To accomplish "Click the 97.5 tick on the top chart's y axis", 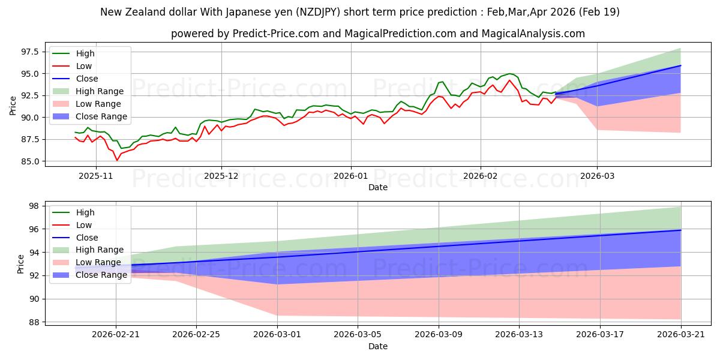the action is (30, 52).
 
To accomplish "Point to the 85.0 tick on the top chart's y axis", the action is (30, 161).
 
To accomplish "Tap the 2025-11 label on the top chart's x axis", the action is (96, 176).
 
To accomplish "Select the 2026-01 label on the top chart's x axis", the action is (351, 176).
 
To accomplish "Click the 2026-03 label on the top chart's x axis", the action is (597, 176).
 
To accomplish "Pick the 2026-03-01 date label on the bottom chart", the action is (277, 335).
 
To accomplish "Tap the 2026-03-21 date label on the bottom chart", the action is (681, 335).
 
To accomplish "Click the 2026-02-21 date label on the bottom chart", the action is (116, 335).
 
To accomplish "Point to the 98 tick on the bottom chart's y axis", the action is (34, 206).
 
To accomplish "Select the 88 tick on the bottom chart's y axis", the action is (34, 322).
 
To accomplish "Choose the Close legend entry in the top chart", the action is (75, 79).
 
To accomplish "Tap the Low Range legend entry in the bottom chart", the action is (87, 262).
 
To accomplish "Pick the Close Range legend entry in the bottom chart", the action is (89, 275).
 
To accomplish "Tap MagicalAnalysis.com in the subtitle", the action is (533, 34).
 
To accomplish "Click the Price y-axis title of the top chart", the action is (13, 106).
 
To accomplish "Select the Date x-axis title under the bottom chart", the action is (378, 346).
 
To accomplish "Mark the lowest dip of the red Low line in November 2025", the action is (117, 160).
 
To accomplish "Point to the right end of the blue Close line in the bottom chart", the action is (681, 230).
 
